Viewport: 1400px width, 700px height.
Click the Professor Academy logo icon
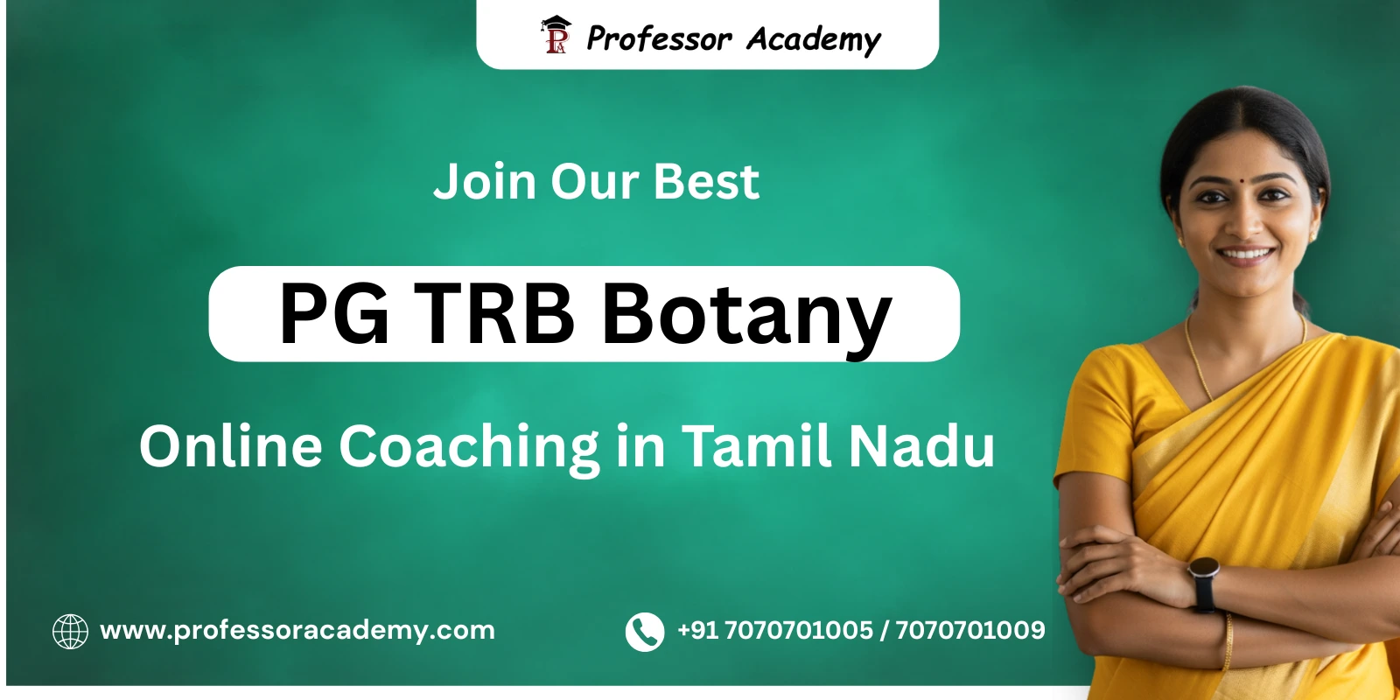pos(556,36)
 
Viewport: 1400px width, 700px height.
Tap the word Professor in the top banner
pos(659,38)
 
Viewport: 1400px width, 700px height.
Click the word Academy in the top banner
pos(813,39)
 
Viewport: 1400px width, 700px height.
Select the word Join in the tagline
pos(485,182)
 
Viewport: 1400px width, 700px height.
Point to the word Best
pos(706,182)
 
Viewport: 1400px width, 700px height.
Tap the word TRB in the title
pos(494,314)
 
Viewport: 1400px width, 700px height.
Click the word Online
pos(231,446)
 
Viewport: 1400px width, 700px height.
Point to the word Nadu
pos(921,446)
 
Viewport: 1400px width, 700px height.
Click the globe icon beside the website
pos(70,631)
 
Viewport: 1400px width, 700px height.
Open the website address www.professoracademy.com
pos(297,631)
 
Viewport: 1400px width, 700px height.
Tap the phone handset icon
pos(645,631)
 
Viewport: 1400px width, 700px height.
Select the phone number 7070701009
pos(969,630)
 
